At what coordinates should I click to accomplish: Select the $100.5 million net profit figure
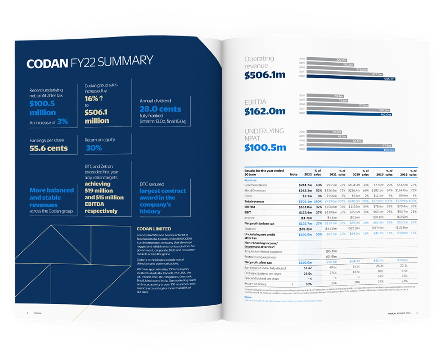[x=42, y=108]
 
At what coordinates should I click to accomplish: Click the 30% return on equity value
[x=94, y=148]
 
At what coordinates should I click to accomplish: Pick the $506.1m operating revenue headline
[x=265, y=76]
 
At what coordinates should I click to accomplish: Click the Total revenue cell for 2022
[x=303, y=201]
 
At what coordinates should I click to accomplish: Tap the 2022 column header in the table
[x=309, y=174]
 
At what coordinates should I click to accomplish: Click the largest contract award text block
[x=163, y=200]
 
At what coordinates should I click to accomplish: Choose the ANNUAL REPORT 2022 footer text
[x=398, y=313]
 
